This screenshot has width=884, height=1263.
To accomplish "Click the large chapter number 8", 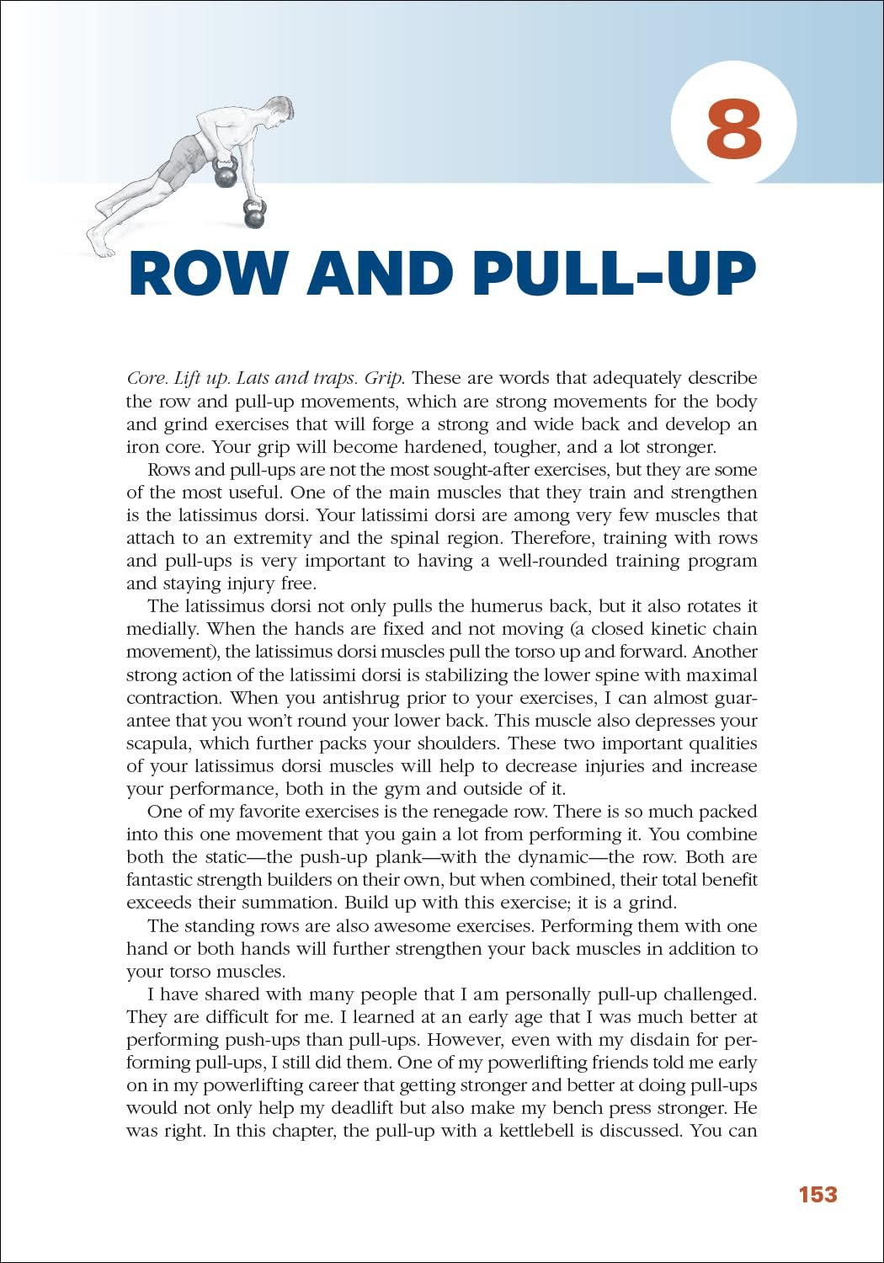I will click(x=733, y=129).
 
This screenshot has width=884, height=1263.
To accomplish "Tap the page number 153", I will click(x=817, y=1194).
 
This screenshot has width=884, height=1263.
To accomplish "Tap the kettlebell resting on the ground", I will click(x=254, y=214).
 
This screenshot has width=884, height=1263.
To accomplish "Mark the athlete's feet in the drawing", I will click(x=101, y=244).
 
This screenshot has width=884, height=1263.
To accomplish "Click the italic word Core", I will click(x=146, y=378).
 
